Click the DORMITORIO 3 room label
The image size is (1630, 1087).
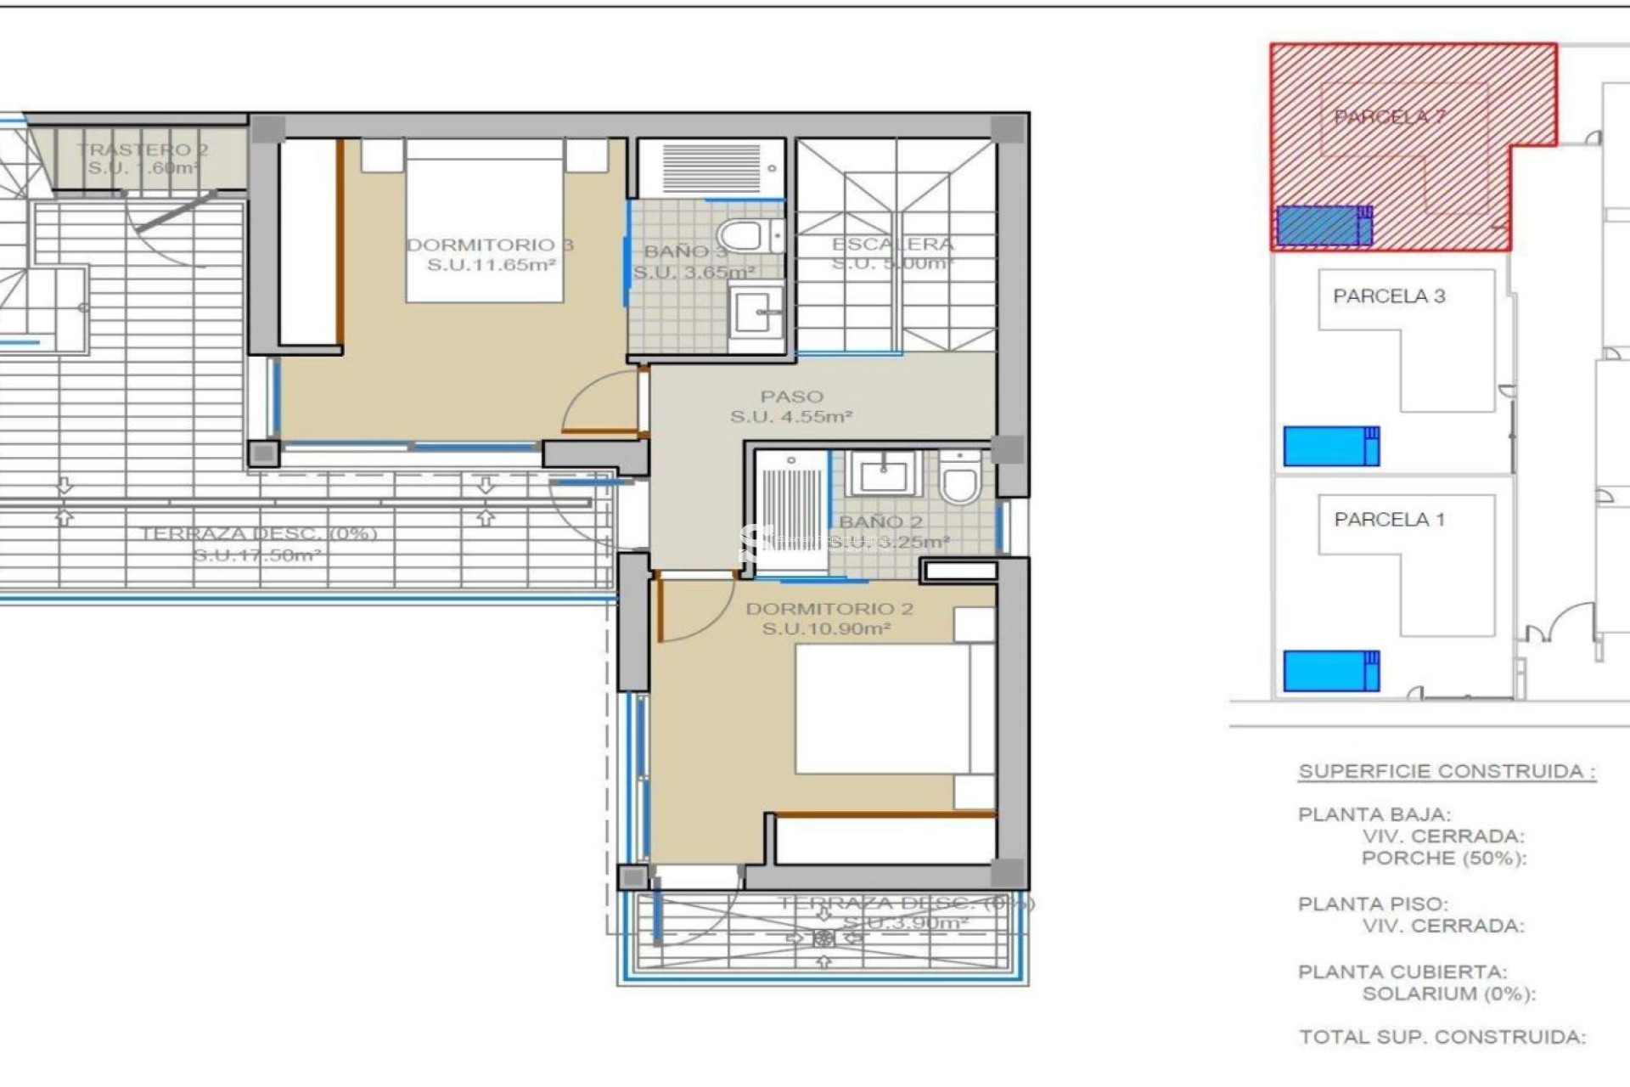490,254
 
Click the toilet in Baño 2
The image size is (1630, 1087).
960,481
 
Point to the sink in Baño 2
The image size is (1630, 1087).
883,473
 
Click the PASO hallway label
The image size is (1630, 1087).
791,406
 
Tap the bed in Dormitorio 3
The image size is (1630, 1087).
485,221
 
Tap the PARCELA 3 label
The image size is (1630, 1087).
1389,296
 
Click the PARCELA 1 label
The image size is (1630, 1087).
1389,519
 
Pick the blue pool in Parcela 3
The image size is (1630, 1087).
1330,447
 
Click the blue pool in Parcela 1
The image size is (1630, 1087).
1330,671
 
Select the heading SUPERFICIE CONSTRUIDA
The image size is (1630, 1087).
1447,771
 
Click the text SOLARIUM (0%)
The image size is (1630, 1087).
1448,993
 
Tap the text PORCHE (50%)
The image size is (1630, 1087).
1443,858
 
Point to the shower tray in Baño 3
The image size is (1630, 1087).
711,168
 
